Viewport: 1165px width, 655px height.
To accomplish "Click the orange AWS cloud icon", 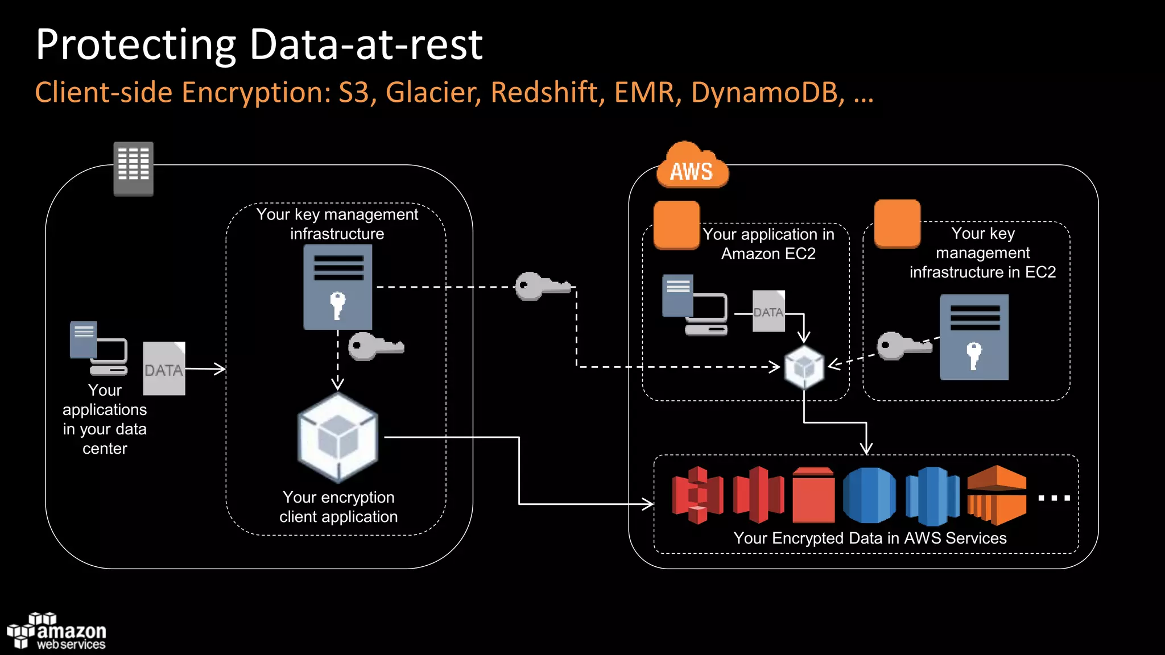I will (692, 167).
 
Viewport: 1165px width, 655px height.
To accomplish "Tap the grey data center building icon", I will (133, 168).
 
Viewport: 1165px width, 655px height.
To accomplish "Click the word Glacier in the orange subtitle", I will (431, 93).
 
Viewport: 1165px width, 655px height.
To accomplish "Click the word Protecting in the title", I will (135, 45).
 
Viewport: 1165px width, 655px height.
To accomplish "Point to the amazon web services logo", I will (57, 631).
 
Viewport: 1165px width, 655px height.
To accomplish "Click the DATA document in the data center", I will (164, 368).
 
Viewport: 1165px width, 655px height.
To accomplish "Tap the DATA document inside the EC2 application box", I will (769, 311).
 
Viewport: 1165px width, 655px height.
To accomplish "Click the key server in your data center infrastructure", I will (338, 287).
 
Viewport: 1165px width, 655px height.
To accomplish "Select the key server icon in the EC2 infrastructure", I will (974, 337).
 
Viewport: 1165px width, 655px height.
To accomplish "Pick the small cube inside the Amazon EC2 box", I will (804, 367).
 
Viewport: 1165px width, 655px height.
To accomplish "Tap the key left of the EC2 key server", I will (903, 346).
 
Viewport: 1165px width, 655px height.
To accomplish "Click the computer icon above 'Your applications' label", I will (98, 348).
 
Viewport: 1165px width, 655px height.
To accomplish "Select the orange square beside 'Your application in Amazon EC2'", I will (676, 225).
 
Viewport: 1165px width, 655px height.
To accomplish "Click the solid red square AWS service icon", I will (813, 496).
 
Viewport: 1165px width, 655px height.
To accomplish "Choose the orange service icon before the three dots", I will (997, 496).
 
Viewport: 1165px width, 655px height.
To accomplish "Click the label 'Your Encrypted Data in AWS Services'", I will (870, 538).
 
